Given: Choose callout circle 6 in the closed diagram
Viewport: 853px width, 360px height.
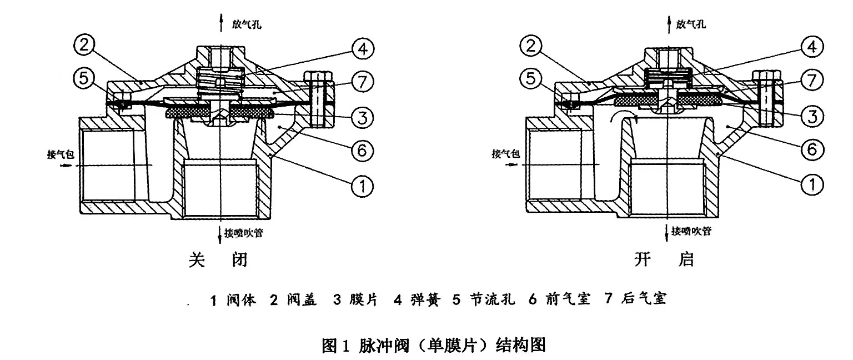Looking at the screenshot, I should pyautogui.click(x=362, y=149).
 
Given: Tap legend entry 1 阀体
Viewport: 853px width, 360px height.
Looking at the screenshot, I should pyautogui.click(x=233, y=301).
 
